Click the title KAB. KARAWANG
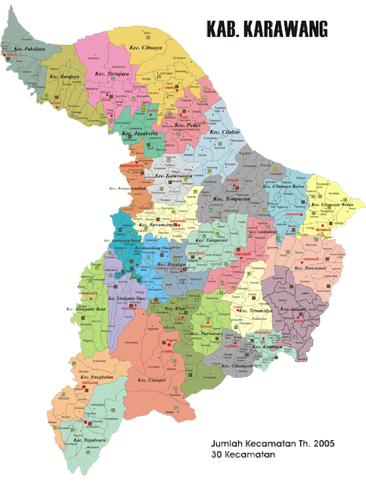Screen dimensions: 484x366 click(266, 29)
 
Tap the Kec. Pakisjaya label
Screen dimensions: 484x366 click(28, 52)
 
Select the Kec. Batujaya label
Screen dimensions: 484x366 click(65, 76)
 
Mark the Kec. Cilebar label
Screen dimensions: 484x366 click(225, 132)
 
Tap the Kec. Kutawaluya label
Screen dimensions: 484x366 click(172, 176)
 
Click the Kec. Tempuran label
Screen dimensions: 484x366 click(231, 199)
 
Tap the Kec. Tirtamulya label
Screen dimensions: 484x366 click(256, 310)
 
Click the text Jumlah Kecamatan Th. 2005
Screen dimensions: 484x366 click(272, 442)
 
